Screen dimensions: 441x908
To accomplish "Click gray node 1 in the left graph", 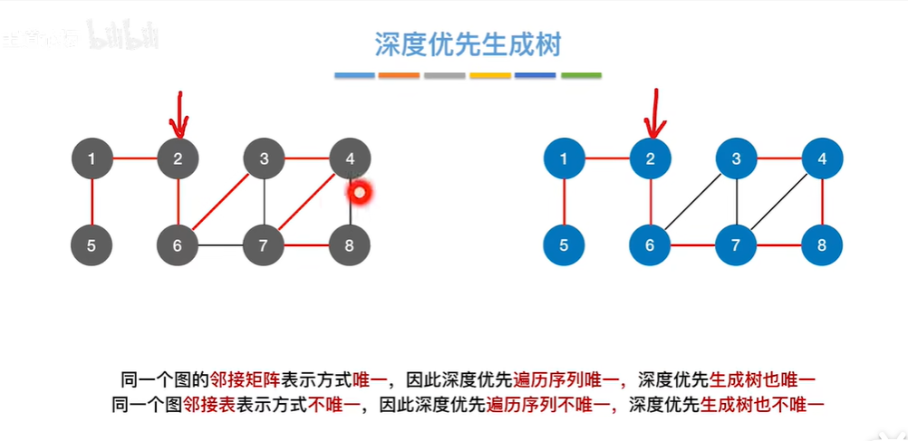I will point(92,159).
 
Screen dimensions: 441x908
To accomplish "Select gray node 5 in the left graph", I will point(92,244).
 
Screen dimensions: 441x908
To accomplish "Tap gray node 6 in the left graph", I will point(178,244).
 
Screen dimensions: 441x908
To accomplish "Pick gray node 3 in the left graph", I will point(264,159).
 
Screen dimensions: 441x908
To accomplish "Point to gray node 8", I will point(350,244).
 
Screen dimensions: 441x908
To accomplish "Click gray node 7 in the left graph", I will point(264,244).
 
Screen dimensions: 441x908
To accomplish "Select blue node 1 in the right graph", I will point(565,159).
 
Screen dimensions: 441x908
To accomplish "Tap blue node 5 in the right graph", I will point(565,244).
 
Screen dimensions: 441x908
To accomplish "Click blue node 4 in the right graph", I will point(822,159).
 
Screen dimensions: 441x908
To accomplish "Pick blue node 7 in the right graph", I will point(736,244).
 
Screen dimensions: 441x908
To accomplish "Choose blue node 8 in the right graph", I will point(822,244).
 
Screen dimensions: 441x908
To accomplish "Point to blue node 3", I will point(736,159).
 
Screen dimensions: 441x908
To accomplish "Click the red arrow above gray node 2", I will point(179,113).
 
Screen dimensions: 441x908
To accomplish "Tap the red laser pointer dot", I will point(361,192).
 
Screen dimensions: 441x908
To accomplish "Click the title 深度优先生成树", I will point(468,44).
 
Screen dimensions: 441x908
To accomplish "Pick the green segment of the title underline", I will point(581,75).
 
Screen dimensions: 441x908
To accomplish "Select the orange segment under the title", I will point(400,75).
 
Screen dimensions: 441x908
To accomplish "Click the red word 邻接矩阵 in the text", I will point(239,379).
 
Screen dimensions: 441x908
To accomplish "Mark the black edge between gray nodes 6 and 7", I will point(220,245).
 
